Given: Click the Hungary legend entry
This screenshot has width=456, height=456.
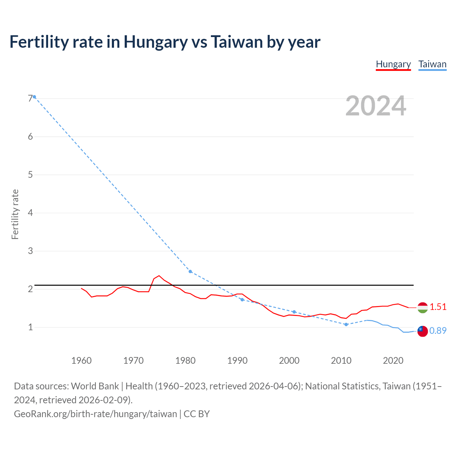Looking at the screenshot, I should (x=393, y=64).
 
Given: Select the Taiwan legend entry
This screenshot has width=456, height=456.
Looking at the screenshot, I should (x=432, y=64).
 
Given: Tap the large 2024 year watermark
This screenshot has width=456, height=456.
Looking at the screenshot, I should (x=375, y=106).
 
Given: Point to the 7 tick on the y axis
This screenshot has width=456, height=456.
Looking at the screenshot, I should (x=30, y=98).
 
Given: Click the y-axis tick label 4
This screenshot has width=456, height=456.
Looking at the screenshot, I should (x=30, y=213).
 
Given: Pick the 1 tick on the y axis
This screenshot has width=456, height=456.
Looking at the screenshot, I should (x=30, y=327).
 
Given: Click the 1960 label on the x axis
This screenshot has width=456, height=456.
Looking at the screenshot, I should (x=81, y=361).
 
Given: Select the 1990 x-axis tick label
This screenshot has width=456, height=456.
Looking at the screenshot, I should (x=237, y=361).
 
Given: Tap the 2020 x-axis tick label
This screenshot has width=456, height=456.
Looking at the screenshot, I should (x=393, y=361).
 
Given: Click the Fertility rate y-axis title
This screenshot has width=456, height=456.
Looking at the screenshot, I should (x=15, y=214).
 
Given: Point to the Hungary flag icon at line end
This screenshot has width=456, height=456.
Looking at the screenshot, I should (x=423, y=307).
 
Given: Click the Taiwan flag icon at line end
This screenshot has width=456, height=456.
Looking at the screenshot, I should (x=423, y=331).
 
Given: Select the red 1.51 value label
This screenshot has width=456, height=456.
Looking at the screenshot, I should (x=438, y=307).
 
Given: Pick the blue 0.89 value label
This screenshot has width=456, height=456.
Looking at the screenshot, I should (x=438, y=331).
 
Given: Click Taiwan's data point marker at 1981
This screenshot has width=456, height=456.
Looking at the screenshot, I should (x=190, y=271).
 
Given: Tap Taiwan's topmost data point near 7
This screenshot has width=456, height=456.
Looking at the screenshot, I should (x=34, y=97).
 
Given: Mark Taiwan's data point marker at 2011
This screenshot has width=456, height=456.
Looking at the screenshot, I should (x=346, y=325).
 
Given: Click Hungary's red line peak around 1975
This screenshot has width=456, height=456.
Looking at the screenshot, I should (x=159, y=276).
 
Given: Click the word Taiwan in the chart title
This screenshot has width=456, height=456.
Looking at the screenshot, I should (x=237, y=42).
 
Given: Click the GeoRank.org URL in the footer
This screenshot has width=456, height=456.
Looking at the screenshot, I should (x=95, y=414).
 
